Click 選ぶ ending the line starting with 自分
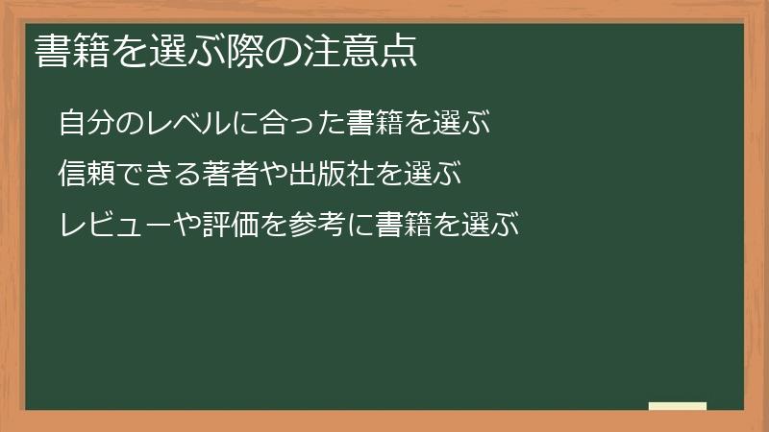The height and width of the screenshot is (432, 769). coord(462,124)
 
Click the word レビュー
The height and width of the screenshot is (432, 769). coord(118,226)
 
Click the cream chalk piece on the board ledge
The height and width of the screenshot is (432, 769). coord(677,407)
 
